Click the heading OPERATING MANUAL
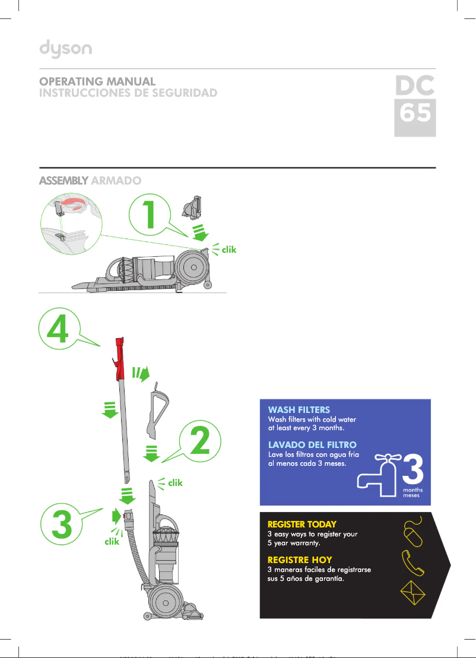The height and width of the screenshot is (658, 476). (x=97, y=81)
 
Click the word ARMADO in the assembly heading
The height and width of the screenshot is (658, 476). (x=116, y=180)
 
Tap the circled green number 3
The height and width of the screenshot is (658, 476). (x=62, y=524)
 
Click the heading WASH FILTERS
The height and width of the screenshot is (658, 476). (x=299, y=410)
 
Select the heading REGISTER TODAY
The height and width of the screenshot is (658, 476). (x=302, y=525)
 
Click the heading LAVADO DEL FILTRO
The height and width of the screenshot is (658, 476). (x=312, y=445)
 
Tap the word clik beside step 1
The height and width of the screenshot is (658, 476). (x=229, y=250)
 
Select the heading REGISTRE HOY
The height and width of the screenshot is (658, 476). (x=300, y=560)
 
